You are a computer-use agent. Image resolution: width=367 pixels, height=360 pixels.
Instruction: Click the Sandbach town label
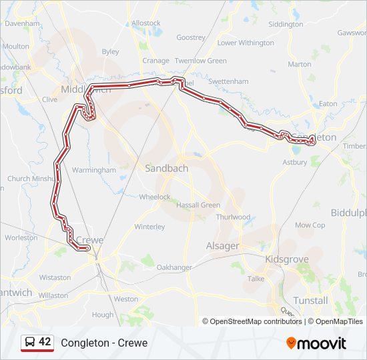pyautogui.click(x=166, y=169)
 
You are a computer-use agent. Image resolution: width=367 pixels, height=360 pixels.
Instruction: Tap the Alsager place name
pyautogui.click(x=222, y=246)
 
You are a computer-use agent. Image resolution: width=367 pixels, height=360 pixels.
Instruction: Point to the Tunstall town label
pyautogui.click(x=310, y=301)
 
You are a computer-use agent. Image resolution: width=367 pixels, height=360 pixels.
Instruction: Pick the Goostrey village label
pyautogui.click(x=191, y=37)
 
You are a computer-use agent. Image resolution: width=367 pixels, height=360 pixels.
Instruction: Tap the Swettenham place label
pyautogui.click(x=228, y=81)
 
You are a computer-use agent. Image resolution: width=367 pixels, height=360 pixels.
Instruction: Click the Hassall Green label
pyautogui.click(x=198, y=205)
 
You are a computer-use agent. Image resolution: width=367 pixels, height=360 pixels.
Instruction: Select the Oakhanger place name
pyautogui.click(x=173, y=267)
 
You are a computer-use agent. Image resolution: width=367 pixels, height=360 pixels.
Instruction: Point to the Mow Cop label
pyautogui.click(x=310, y=225)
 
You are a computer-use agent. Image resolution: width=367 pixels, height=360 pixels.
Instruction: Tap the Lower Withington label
pyautogui.click(x=246, y=43)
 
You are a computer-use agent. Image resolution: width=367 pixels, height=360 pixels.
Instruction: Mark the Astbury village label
pyautogui.click(x=294, y=162)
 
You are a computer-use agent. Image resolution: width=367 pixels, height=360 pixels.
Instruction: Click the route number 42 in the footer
pyautogui.click(x=45, y=342)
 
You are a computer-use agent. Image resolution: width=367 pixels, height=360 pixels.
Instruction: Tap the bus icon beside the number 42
pyautogui.click(x=30, y=343)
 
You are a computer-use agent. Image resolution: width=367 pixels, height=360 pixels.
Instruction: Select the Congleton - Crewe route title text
pyautogui.click(x=104, y=343)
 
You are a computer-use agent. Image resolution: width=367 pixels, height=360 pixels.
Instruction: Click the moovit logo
pyautogui.click(x=316, y=343)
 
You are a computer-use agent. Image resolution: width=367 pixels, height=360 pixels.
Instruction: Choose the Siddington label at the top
pyautogui.click(x=285, y=24)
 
